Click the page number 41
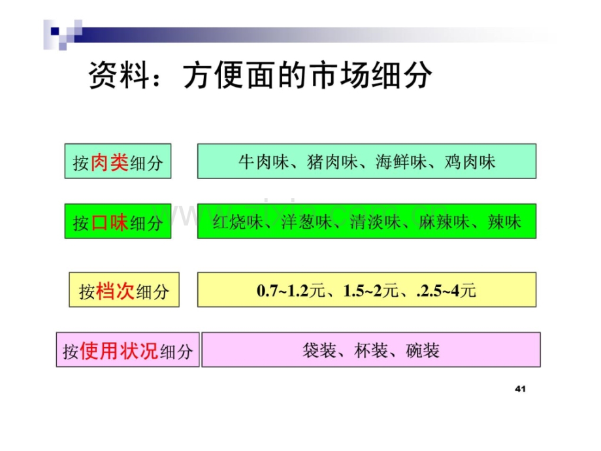(520, 389)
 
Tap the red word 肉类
(110, 163)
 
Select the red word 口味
(110, 222)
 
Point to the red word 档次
(115, 291)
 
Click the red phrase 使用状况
(119, 350)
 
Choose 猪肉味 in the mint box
(333, 162)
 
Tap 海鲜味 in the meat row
(401, 162)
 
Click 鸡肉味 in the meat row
(470, 162)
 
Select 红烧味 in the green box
(238, 222)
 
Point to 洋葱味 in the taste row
(306, 222)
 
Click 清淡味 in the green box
(375, 222)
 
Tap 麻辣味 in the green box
(444, 222)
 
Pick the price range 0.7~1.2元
(291, 291)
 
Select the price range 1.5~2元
(371, 291)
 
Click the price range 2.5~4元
(447, 291)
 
